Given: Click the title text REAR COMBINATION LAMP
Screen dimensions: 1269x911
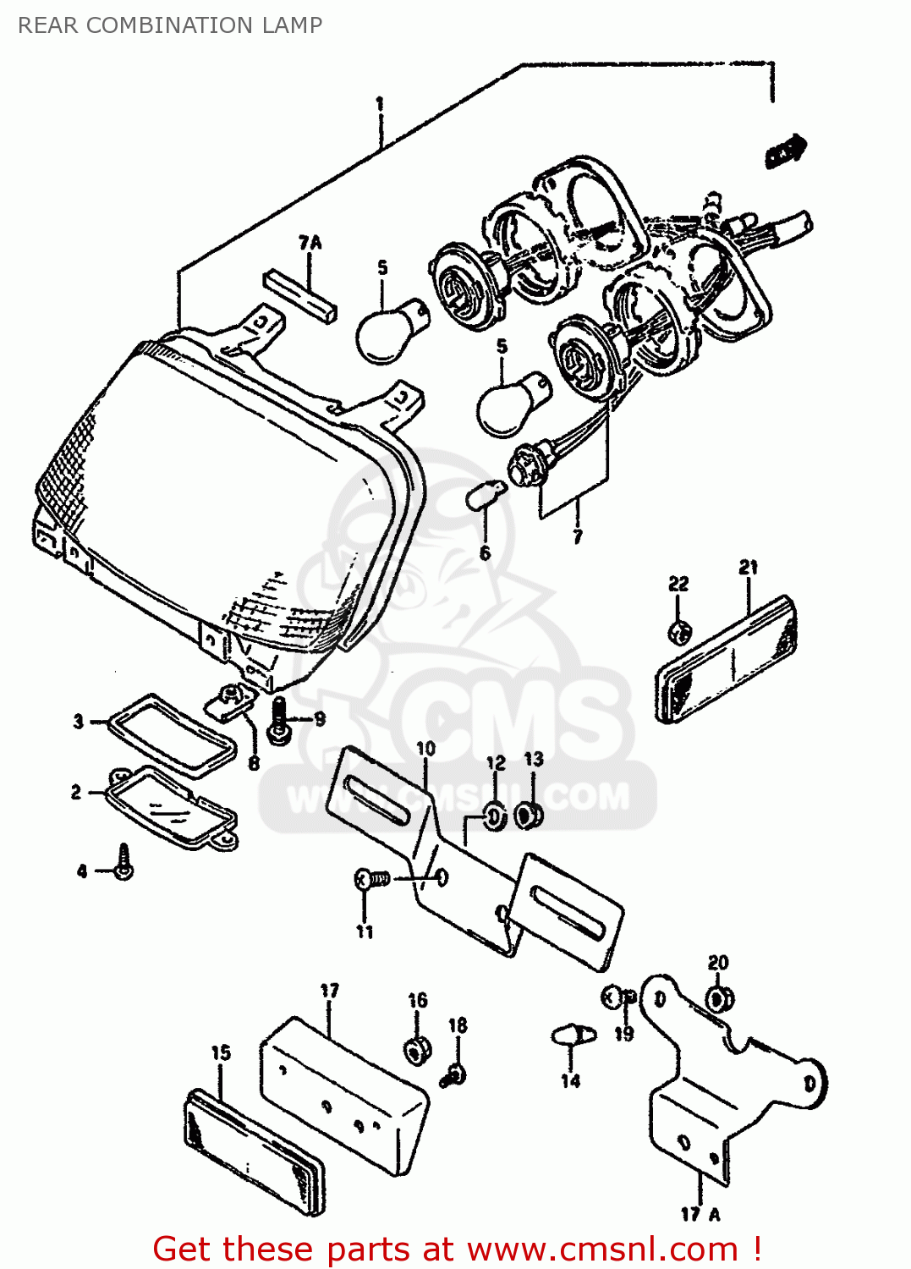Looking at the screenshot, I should [x=169, y=25].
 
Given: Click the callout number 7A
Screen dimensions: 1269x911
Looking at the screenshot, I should [x=310, y=243].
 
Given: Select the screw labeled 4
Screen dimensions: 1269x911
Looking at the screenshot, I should [x=123, y=862].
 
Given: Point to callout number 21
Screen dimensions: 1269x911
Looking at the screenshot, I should [x=748, y=568].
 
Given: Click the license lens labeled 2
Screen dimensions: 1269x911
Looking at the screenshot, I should [x=173, y=808].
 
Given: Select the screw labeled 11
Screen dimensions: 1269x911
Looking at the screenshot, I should [x=370, y=880].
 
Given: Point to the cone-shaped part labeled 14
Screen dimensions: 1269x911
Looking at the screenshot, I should [x=571, y=1036].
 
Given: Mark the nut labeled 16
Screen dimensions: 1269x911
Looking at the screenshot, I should [x=415, y=1049].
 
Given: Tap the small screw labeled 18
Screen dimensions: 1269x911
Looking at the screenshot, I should [x=454, y=1075].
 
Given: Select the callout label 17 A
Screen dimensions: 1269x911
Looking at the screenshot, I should [x=700, y=1214].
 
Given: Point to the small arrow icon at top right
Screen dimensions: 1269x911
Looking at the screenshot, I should [x=785, y=151].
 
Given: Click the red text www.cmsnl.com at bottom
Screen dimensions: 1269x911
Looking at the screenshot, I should [x=602, y=1249].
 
